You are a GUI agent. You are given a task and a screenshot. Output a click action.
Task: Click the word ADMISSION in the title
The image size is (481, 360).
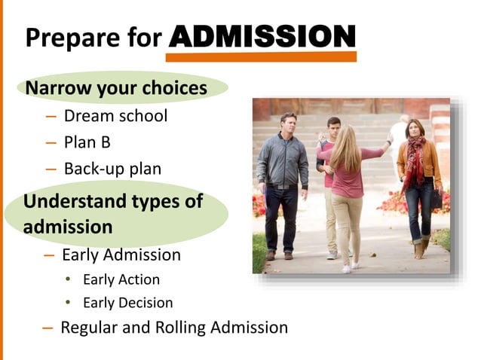coord(262,36)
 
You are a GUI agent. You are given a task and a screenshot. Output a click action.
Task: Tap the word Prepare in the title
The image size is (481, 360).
coord(72,38)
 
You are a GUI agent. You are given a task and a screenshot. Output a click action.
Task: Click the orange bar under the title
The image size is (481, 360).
coord(261,57)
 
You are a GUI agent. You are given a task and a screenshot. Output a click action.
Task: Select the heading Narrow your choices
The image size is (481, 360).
coord(116,88)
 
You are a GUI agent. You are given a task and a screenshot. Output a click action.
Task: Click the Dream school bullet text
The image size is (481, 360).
coord(115,116)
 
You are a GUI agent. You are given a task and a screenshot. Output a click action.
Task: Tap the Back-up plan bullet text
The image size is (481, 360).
coord(112,169)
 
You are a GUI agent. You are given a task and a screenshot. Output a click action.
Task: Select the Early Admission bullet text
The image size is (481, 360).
coord(121,255)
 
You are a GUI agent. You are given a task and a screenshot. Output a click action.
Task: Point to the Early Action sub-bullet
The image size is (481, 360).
coord(121,279)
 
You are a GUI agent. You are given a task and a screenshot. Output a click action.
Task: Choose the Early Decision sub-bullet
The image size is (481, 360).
coord(127,303)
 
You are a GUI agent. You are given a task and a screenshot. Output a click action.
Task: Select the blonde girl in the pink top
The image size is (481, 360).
coord(348,181)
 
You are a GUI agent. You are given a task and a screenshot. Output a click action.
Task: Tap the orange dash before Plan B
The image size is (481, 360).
coord(51,143)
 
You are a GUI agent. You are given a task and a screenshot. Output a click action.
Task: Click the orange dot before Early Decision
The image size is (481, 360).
coord(67,303)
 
